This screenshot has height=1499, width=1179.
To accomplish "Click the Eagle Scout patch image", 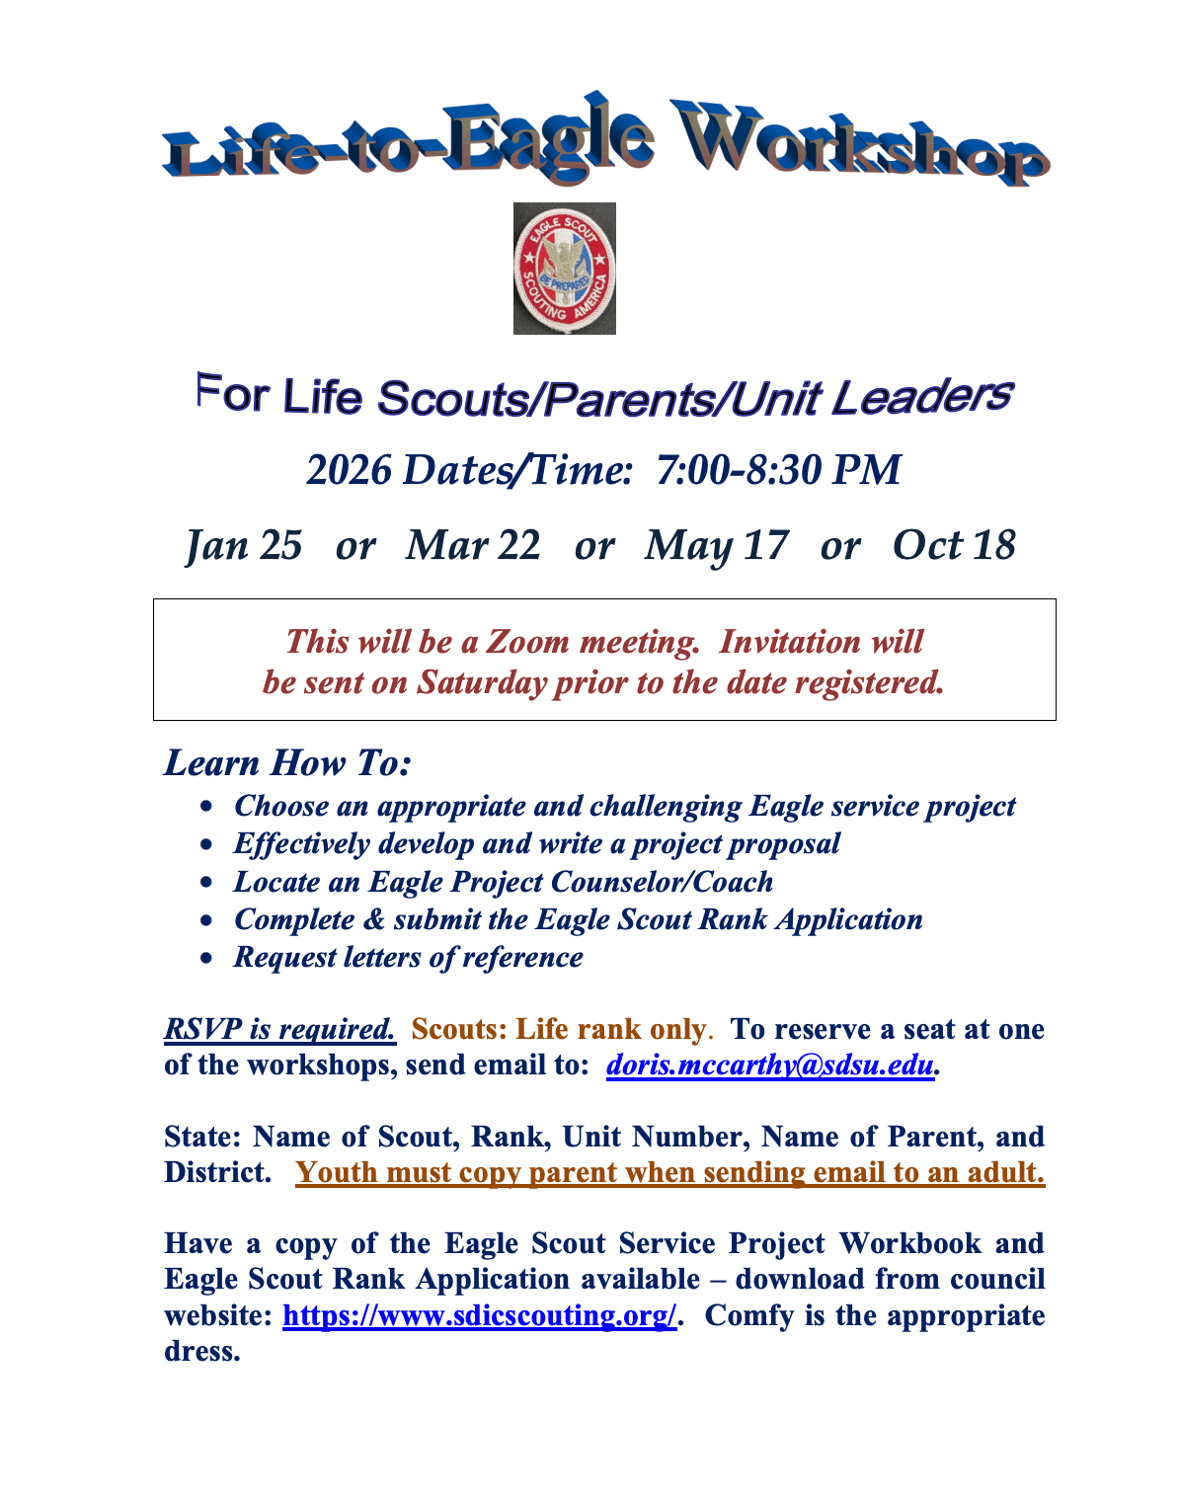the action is (565, 269).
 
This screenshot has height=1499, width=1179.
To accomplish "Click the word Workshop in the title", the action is (861, 143).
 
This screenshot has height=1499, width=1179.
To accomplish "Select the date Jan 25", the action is (244, 545).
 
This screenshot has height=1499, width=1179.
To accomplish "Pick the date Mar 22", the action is (473, 545).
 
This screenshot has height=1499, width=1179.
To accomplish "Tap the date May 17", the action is (717, 546).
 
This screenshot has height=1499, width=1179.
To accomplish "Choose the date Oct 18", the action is (954, 545).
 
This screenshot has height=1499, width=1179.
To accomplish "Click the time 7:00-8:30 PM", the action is (779, 470).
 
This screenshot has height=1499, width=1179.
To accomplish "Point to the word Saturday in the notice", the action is (482, 683).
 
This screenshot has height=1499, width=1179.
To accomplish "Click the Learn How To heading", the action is (287, 762).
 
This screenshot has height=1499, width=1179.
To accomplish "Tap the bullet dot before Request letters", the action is (206, 959).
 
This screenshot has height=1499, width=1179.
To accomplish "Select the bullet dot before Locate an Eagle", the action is (206, 883).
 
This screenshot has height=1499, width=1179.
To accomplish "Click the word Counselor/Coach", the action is (662, 882).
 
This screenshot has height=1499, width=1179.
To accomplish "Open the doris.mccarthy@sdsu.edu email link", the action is (770, 1065).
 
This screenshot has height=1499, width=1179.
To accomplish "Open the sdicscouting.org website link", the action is (480, 1315).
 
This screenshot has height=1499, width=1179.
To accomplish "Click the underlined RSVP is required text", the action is (280, 1029).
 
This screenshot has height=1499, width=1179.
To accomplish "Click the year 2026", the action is (350, 470).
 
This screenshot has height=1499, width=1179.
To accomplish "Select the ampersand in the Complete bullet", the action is (374, 920).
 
